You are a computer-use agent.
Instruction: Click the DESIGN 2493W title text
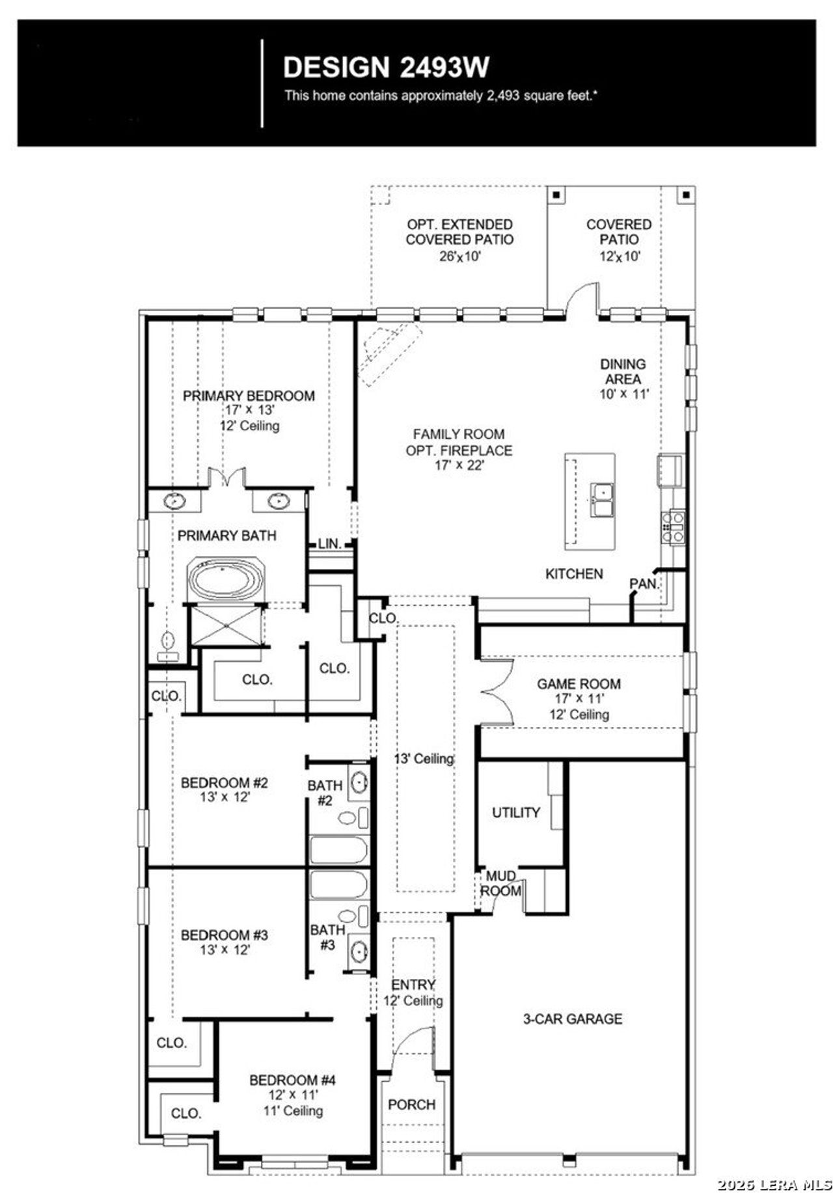[x=386, y=68]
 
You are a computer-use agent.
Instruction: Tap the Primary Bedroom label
[x=249, y=396]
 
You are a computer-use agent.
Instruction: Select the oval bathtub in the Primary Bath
[x=226, y=579]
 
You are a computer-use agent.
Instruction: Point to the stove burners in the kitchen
[x=674, y=527]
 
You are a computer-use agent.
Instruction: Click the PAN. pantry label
[x=644, y=584]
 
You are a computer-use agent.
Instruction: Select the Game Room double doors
[x=498, y=692]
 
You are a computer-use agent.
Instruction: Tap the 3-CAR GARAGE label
[x=573, y=1019]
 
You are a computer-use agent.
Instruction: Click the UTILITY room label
[x=515, y=812]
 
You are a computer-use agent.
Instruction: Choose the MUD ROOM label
[x=500, y=883]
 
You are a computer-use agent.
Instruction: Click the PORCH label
[x=411, y=1104]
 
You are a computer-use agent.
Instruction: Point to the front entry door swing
[x=414, y=1047]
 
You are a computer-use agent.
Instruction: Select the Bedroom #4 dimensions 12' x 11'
[x=293, y=1095]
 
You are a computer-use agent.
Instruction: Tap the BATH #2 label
[x=325, y=793]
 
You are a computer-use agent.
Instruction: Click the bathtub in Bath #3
[x=338, y=885]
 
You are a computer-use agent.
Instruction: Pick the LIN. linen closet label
[x=330, y=543]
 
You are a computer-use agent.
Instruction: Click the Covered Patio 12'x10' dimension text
[x=620, y=256]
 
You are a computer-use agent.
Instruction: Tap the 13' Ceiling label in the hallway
[x=424, y=758]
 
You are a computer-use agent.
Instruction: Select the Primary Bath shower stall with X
[x=226, y=625]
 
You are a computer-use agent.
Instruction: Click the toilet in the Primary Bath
[x=167, y=644]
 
